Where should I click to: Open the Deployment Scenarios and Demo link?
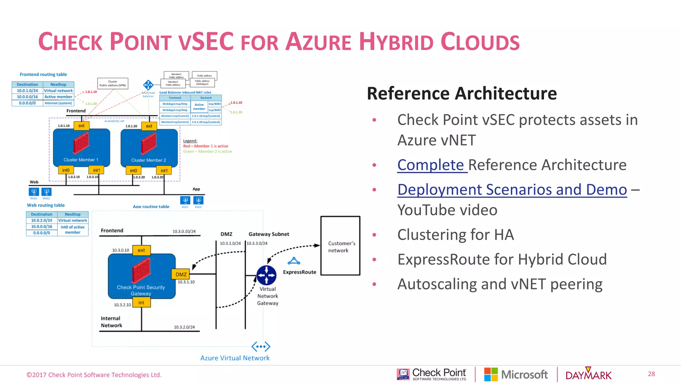[512, 190]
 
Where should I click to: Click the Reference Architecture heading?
[462, 93]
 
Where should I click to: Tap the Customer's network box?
[340, 246]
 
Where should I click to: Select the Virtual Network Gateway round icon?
[266, 275]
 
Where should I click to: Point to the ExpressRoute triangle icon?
[294, 261]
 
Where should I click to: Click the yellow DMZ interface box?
[181, 274]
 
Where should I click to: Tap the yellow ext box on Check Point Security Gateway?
[141, 250]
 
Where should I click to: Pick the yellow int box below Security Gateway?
[141, 303]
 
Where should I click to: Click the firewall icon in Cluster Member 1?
[81, 143]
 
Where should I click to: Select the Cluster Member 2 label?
[148, 160]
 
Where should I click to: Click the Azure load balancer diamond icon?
[148, 85]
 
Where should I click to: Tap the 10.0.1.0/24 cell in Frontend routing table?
[27, 90]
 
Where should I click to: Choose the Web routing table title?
[46, 205]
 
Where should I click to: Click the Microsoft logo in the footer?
[516, 375]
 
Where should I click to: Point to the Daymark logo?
[588, 375]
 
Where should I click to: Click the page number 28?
[651, 374]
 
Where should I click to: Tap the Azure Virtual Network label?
[235, 358]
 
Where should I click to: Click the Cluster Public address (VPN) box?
[113, 83]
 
